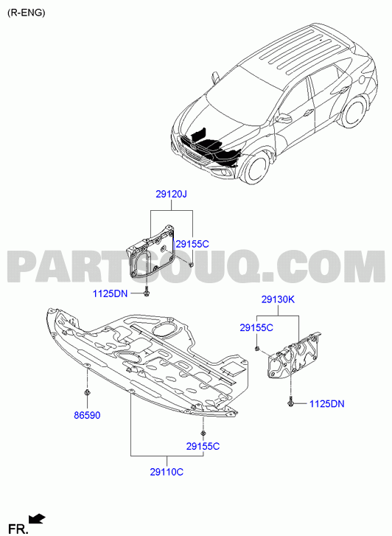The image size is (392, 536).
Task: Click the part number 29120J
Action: coord(171,195)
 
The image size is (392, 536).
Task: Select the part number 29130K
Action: coord(278,299)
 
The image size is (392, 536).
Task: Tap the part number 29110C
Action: coord(167,472)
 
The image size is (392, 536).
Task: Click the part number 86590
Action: coord(87,416)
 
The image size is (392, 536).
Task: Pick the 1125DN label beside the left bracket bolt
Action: coord(110,293)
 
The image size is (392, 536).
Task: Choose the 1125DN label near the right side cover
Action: coord(326,404)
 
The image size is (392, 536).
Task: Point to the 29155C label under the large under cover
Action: coord(203,447)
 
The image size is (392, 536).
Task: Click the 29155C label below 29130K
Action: coord(256,328)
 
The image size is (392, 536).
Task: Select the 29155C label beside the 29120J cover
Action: coord(192,244)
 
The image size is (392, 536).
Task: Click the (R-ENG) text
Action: coord(27,13)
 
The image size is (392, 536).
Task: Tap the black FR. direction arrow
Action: coord(37,518)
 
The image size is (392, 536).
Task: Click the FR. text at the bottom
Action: coord(18,529)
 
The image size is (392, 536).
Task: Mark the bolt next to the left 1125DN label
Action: coord(147,293)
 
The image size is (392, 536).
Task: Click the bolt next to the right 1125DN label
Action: coord(290,403)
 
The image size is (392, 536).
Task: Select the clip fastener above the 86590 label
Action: coord(87,392)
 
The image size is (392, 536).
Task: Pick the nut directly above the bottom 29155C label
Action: coord(203,433)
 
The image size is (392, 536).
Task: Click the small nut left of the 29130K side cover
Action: coord(256,349)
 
